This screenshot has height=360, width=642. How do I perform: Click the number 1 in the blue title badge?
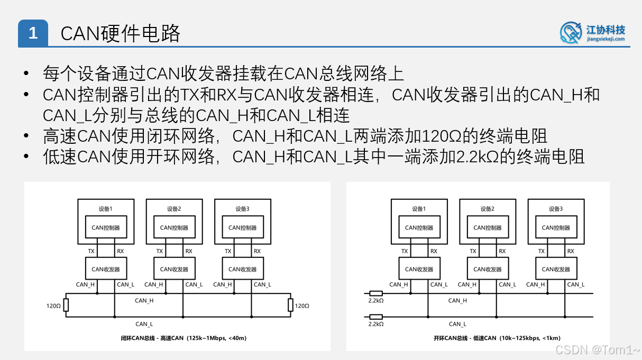click(33, 33)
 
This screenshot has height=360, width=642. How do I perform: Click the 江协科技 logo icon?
click(571, 33)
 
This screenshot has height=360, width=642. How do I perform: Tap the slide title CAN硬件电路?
click(121, 33)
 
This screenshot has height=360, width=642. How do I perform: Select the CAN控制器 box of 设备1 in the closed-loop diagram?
click(106, 228)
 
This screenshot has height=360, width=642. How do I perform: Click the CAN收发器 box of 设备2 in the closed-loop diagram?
click(174, 269)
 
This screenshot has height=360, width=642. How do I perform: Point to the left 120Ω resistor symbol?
click(66, 305)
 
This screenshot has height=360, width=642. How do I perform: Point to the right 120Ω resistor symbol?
click(290, 305)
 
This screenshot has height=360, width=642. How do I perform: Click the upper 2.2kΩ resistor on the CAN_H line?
click(376, 293)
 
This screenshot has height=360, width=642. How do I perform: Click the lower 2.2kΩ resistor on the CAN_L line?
click(376, 317)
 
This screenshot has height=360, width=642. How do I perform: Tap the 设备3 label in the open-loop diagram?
click(556, 209)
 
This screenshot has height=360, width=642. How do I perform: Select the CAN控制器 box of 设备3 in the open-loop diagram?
click(556, 228)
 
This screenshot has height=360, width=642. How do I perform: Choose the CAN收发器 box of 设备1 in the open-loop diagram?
click(419, 269)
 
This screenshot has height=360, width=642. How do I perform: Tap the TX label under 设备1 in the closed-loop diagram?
click(91, 251)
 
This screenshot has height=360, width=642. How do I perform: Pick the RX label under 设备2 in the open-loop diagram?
click(502, 251)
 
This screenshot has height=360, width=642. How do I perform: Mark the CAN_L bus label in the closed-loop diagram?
click(144, 324)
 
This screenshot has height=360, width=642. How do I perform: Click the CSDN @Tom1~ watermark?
click(598, 349)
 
